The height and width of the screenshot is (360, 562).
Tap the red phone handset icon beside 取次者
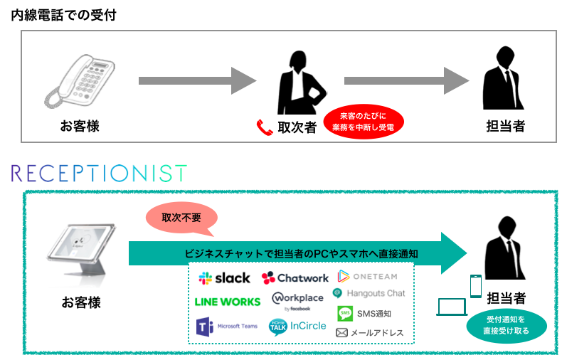(x=265, y=127)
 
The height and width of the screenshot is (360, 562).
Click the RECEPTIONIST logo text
(x=100, y=173)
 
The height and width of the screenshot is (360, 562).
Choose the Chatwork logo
(x=295, y=278)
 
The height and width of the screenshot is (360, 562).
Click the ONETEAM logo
(x=366, y=276)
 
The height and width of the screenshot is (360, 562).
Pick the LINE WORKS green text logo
(x=228, y=302)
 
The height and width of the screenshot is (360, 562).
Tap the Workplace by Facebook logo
(x=297, y=300)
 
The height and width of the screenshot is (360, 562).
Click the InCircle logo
(x=297, y=326)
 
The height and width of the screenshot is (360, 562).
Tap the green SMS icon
(x=345, y=313)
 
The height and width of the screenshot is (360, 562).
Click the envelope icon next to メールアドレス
(x=342, y=332)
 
